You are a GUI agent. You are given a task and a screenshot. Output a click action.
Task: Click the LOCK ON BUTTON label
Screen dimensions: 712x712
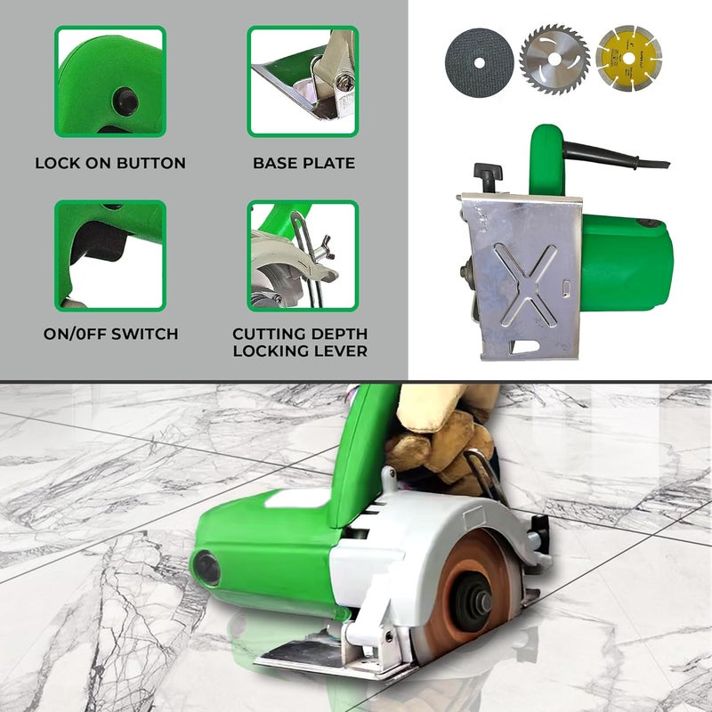click(110, 163)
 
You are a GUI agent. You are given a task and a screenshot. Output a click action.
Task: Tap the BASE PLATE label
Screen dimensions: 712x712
click(303, 163)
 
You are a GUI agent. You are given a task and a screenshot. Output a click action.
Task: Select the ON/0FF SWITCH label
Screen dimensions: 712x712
click(110, 335)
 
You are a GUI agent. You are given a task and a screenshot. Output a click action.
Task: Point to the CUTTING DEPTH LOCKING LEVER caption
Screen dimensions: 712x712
click(300, 343)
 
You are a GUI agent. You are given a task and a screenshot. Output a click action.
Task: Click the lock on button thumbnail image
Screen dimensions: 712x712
click(110, 81)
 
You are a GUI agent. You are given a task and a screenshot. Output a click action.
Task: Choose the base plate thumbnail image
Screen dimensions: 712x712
click(303, 81)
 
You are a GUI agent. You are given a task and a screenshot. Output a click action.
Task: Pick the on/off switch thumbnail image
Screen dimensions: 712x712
click(110, 255)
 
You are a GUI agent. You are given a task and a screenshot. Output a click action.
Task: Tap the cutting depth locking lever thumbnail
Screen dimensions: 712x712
click(303, 255)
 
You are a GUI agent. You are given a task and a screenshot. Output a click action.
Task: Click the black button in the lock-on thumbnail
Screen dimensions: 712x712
click(125, 101)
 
